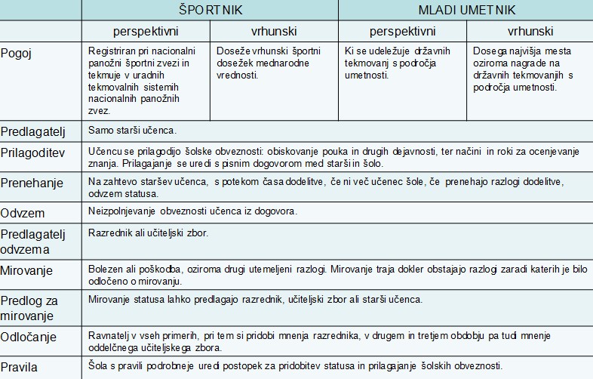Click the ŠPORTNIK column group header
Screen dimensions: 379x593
coord(210,11)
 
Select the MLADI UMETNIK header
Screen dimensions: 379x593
coord(466,11)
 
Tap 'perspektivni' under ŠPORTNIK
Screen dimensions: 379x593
coord(146,32)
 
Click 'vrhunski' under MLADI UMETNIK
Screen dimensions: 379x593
coord(529,32)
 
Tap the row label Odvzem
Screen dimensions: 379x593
coord(22,212)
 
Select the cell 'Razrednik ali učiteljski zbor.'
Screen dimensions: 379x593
coord(148,233)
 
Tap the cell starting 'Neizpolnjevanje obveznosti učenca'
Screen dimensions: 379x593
coord(192,211)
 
